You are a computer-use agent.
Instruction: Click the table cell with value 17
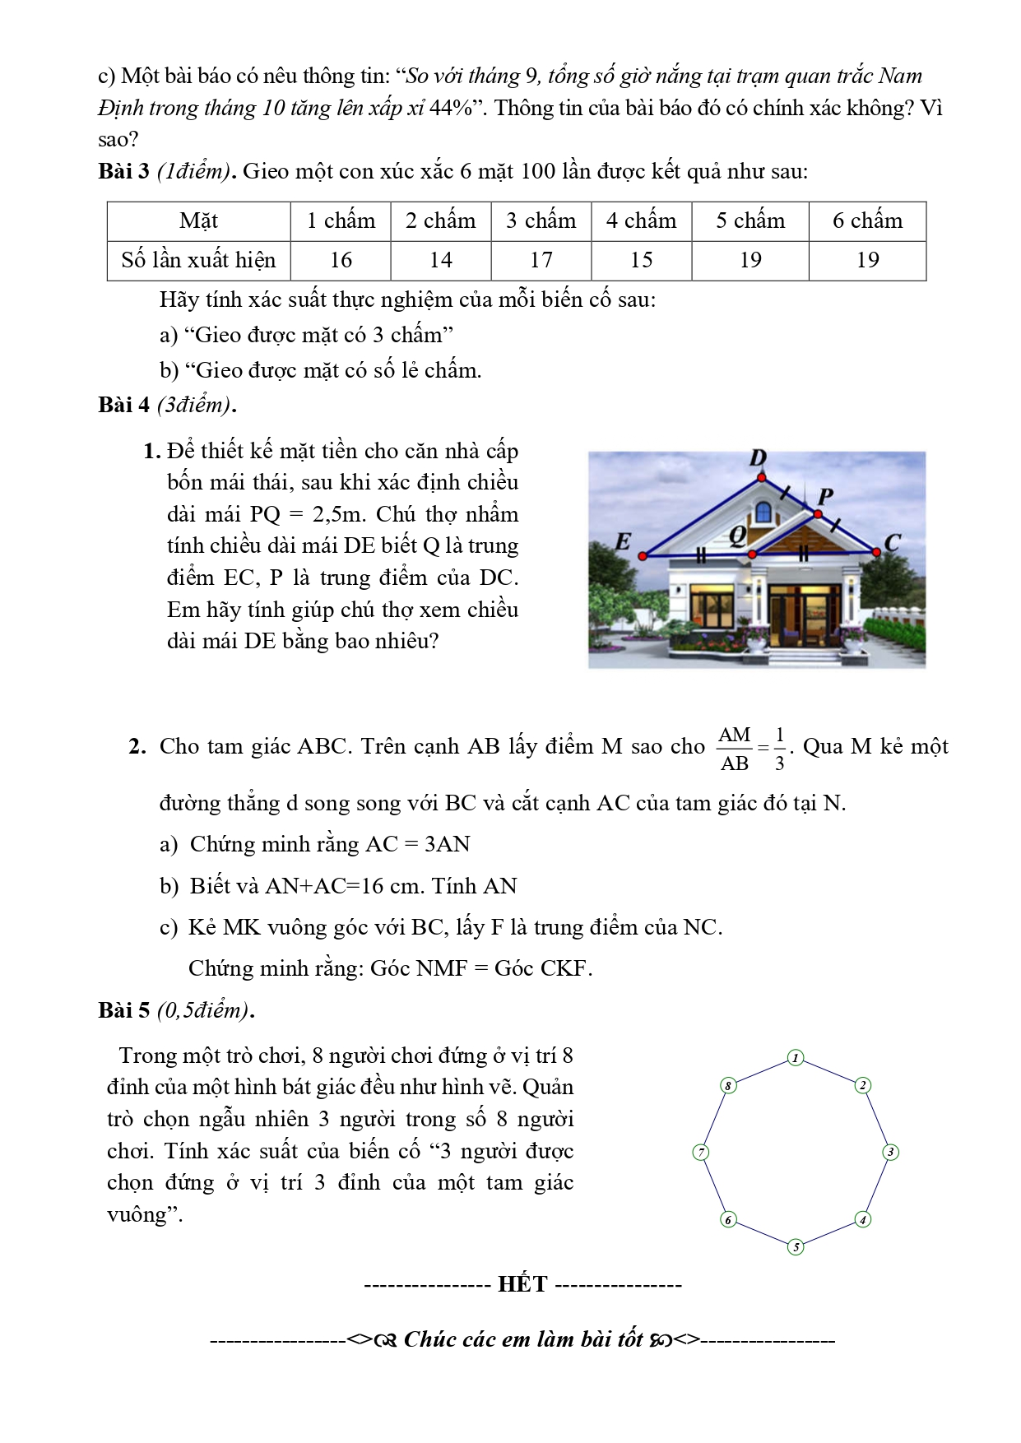tap(541, 260)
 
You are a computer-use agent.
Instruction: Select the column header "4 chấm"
tap(641, 220)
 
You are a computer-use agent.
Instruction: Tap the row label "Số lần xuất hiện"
tap(198, 260)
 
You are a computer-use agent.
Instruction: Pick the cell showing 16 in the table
tap(341, 260)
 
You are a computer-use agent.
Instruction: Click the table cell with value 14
tap(441, 260)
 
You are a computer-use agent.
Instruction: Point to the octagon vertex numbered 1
tap(796, 1058)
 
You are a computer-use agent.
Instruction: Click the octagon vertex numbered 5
tap(796, 1247)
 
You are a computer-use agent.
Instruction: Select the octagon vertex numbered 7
tap(701, 1153)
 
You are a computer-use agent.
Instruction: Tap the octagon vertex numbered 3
tap(890, 1153)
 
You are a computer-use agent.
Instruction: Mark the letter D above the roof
tap(759, 458)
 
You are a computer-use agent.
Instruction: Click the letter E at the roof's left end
tap(623, 542)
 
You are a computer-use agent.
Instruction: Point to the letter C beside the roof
tap(893, 543)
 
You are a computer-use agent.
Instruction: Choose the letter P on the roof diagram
tap(825, 496)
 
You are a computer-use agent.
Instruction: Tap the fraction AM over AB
tap(735, 749)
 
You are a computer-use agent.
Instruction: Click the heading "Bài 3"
tap(123, 171)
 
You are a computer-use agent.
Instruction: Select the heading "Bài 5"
tap(123, 1009)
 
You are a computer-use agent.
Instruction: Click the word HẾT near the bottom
tap(522, 1284)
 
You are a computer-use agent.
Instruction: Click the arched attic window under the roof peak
tap(763, 512)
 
